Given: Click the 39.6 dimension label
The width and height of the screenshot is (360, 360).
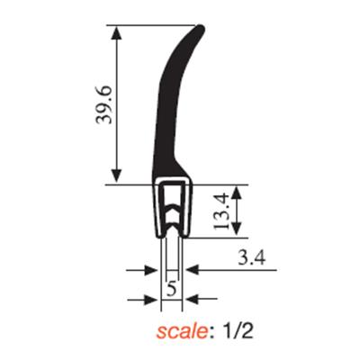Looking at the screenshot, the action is [x=103, y=104].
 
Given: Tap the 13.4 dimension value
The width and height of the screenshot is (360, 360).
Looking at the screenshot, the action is [x=221, y=211].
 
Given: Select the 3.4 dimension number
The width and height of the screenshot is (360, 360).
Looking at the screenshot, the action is [x=251, y=257].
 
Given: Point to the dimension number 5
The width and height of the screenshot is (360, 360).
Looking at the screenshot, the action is [x=171, y=289].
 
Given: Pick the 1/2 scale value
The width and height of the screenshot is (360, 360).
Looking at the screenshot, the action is [x=238, y=331].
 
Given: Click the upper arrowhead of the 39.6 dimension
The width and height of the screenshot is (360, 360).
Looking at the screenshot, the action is [x=116, y=32].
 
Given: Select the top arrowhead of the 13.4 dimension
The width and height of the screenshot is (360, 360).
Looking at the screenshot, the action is [x=237, y=193].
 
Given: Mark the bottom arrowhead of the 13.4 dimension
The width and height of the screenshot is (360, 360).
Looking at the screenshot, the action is [x=237, y=229].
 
